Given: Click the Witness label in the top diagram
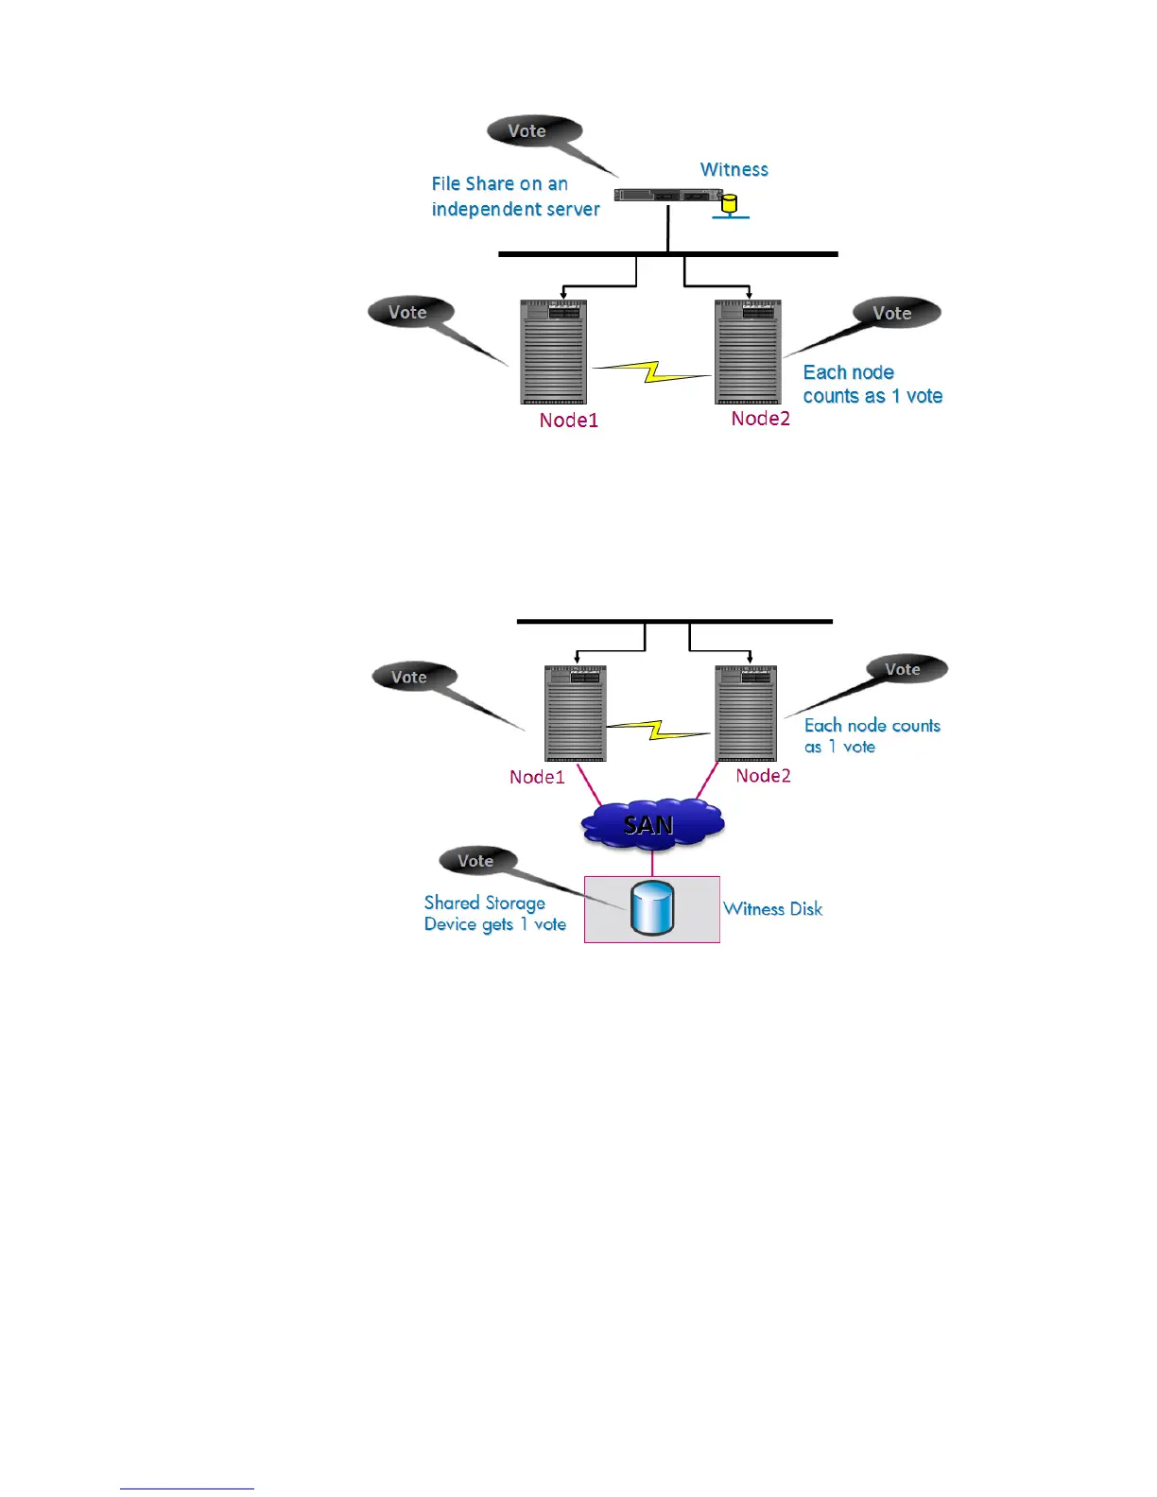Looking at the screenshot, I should click(x=734, y=170).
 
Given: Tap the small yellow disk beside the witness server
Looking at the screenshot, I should click(x=729, y=203).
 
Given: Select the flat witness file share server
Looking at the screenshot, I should click(x=666, y=196).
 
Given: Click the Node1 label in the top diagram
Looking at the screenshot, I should click(x=568, y=421).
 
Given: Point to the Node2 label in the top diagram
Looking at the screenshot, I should click(x=760, y=419).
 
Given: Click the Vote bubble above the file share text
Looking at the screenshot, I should click(x=527, y=131).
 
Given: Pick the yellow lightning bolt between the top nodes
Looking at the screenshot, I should click(x=651, y=370).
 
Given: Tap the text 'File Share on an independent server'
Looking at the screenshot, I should click(x=515, y=197).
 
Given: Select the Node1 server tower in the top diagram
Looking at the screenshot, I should click(x=554, y=352).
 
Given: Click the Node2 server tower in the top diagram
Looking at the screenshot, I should click(x=748, y=352).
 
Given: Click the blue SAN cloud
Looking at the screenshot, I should click(x=651, y=824).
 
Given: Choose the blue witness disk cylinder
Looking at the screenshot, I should click(x=652, y=908).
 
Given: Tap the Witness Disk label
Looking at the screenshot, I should click(x=772, y=909).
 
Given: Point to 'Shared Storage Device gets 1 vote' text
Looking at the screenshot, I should click(x=494, y=914).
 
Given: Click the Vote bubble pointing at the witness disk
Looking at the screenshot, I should click(x=476, y=861).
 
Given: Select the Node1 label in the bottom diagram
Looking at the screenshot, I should click(x=537, y=777).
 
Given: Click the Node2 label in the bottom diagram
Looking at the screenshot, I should click(x=763, y=776).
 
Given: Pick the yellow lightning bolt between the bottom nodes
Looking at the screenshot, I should click(x=658, y=730).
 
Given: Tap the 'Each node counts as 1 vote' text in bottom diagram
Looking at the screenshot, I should click(x=872, y=736).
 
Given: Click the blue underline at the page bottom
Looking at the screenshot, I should click(x=187, y=1488).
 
